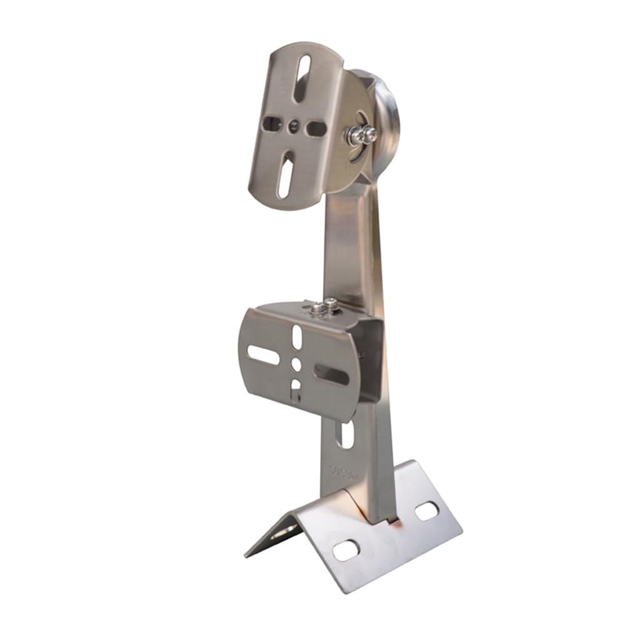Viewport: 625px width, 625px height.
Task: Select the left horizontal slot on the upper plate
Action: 272,124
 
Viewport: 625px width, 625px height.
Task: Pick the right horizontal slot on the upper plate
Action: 317,128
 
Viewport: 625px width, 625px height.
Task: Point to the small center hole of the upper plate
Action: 293,126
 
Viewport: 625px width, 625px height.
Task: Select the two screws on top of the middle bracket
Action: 324,306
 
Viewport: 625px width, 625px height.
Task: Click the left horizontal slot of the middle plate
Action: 263,355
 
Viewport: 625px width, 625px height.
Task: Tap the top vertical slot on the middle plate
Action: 297,337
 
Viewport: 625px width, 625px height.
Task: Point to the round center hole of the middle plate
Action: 296,364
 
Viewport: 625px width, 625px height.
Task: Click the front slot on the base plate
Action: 346,549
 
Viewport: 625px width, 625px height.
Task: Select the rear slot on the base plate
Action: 426,511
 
